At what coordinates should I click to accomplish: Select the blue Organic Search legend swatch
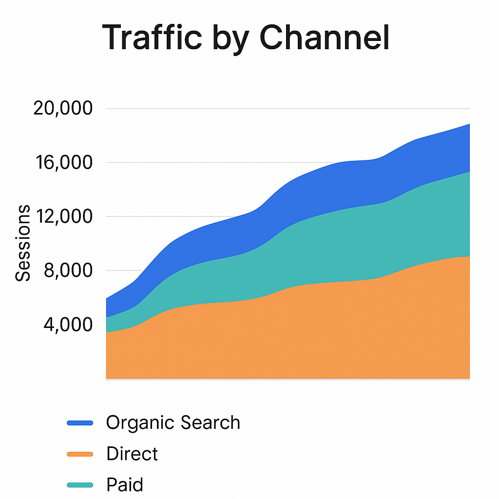(x=79, y=422)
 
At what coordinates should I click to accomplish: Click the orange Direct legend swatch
(x=79, y=454)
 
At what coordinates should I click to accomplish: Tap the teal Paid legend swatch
(x=79, y=485)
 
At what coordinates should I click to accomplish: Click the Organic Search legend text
(x=173, y=422)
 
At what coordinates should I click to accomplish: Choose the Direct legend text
(x=132, y=454)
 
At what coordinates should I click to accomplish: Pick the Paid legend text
(x=125, y=485)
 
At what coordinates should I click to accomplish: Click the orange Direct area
(x=292, y=336)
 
